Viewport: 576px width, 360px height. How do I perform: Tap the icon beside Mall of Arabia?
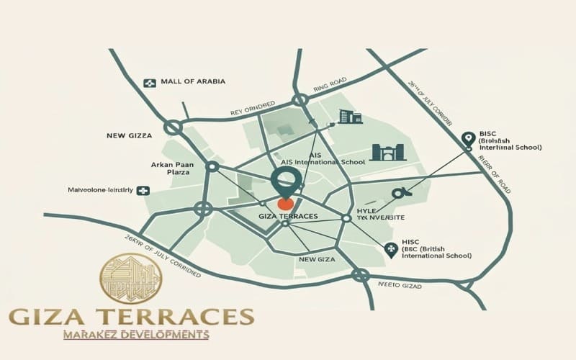coord(150,83)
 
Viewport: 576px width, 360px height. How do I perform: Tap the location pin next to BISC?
coord(468,138)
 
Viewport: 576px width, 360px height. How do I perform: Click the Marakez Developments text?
coord(136,334)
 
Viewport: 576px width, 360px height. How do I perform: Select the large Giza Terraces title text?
coord(131,315)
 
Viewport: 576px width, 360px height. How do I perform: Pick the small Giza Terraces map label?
coord(287,216)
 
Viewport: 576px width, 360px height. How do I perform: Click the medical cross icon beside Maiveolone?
coord(143,191)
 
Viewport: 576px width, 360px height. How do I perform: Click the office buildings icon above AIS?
coord(351,116)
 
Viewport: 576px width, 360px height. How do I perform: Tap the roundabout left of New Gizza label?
coord(172,127)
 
